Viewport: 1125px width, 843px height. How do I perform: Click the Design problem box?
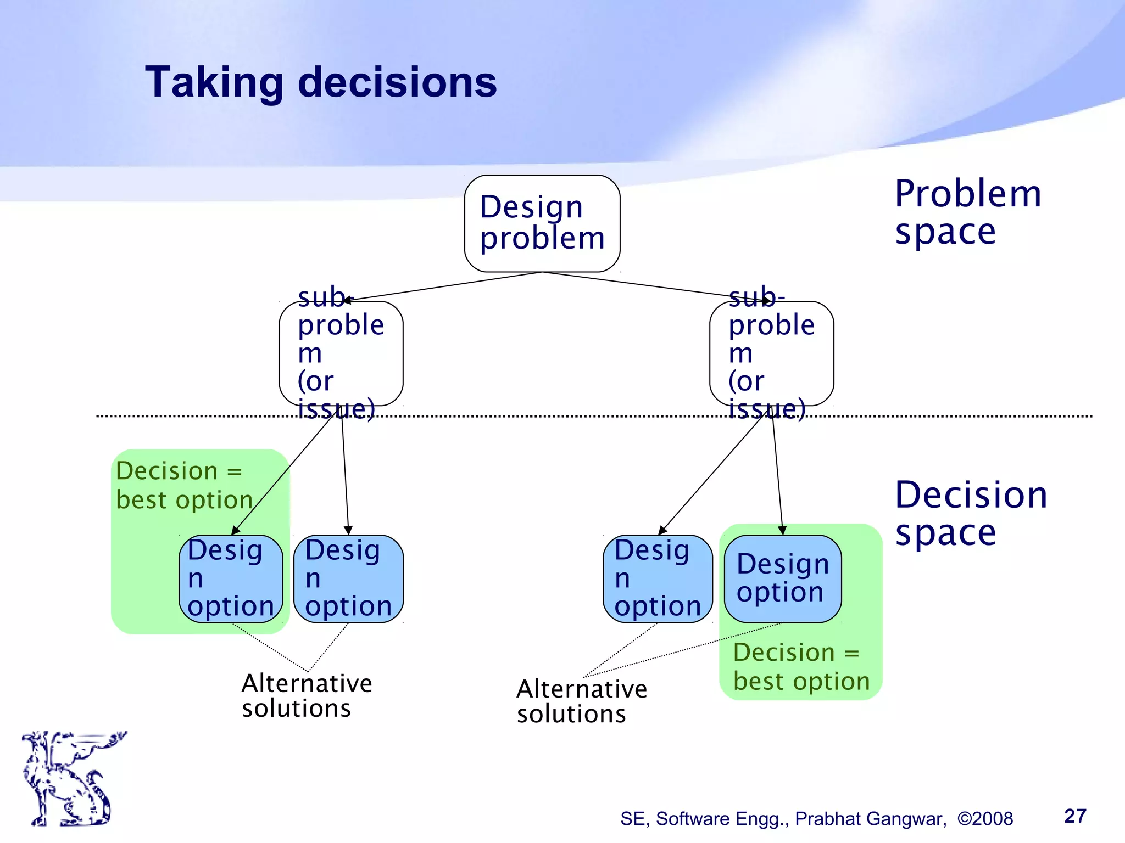(542, 223)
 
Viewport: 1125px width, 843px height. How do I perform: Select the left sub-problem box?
(341, 353)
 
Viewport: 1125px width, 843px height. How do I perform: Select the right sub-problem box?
(771, 353)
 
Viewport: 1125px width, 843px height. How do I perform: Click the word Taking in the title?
(214, 83)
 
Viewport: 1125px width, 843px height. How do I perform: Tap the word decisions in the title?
(397, 83)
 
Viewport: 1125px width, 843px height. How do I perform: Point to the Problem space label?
(967, 212)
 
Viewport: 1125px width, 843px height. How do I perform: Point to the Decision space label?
(971, 513)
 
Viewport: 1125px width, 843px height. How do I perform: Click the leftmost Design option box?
(231, 578)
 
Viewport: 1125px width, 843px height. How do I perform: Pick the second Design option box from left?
(348, 578)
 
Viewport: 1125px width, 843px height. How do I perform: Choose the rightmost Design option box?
(782, 578)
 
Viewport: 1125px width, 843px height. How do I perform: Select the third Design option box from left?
(657, 578)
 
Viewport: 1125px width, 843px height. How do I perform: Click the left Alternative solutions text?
(307, 695)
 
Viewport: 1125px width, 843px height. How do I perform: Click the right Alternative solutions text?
(581, 701)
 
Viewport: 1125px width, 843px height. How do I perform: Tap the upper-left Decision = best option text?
(183, 486)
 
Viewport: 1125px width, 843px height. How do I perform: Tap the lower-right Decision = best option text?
(801, 667)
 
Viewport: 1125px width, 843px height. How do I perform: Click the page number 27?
(1074, 816)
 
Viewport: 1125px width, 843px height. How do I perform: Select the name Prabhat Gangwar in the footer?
(870, 819)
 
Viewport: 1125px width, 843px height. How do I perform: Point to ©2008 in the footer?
(985, 819)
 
